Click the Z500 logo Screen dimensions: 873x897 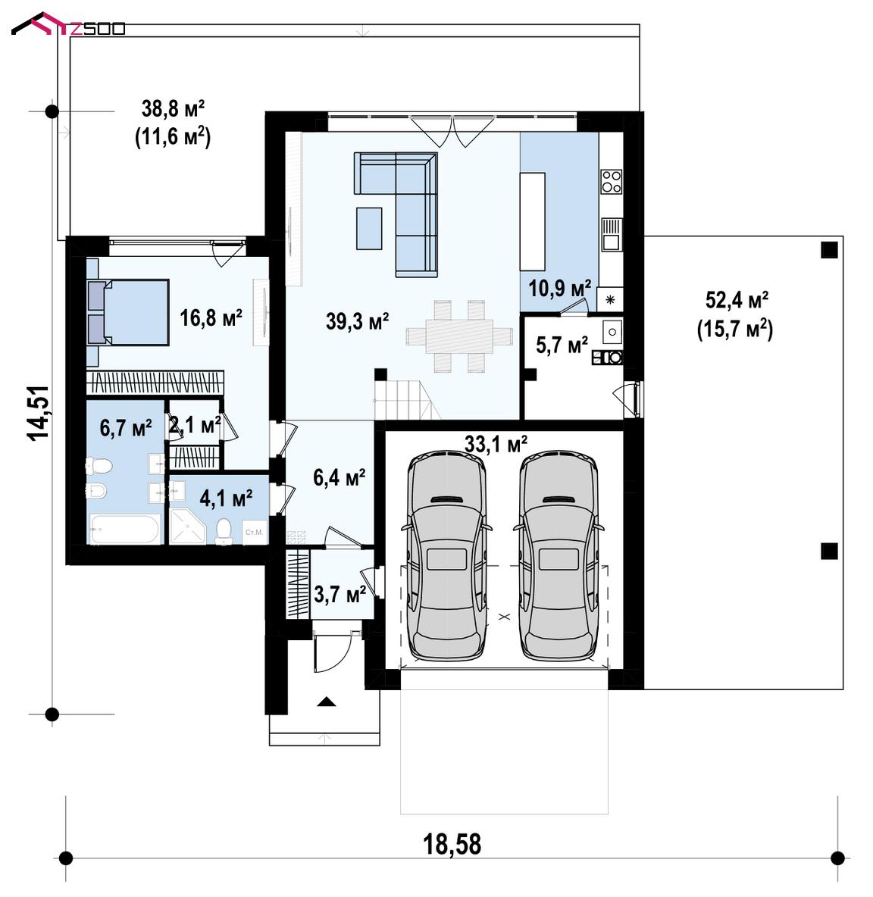[x=68, y=24]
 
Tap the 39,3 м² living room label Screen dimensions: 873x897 [x=358, y=321]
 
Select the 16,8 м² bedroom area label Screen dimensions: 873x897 [x=211, y=317]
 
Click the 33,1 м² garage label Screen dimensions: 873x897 [x=496, y=443]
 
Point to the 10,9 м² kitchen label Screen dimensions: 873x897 [x=559, y=288]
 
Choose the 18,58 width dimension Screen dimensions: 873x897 [x=452, y=844]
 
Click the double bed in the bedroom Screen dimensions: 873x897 [x=128, y=312]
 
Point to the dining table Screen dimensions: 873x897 [x=459, y=336]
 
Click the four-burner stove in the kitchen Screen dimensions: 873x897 [x=611, y=181]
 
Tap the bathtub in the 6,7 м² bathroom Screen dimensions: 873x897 [x=125, y=529]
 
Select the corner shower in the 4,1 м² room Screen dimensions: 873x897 [x=187, y=526]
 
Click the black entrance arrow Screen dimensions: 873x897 [x=326, y=702]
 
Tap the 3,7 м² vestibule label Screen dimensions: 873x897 [x=339, y=595]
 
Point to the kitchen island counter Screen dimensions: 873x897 [x=532, y=221]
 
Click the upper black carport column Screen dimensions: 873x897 [x=829, y=250]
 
